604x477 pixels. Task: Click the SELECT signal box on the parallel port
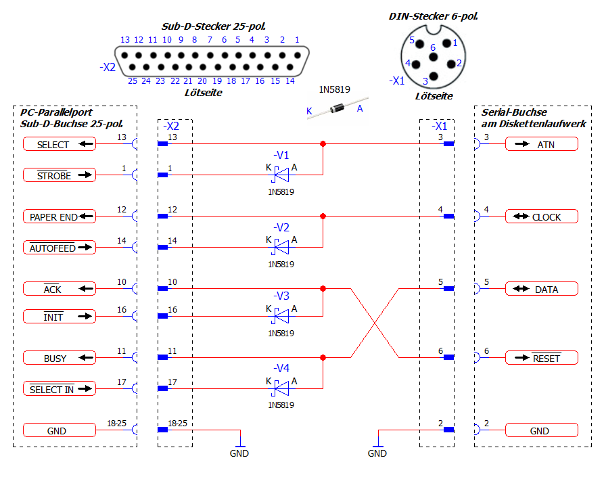[x=59, y=144]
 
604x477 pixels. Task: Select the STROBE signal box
[x=59, y=175]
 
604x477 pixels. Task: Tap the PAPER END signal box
[x=59, y=217]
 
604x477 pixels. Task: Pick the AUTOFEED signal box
[x=59, y=248]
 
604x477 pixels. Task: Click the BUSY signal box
[x=59, y=358]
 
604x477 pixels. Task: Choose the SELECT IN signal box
[x=59, y=389]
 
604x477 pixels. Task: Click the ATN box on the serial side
[x=541, y=144]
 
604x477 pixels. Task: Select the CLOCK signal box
[x=541, y=217]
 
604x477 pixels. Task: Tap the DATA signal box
[x=541, y=289]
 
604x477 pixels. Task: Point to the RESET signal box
[x=541, y=358]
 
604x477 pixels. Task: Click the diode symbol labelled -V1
[x=281, y=175]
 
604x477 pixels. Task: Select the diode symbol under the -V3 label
[x=281, y=316]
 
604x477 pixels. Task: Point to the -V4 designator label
[x=281, y=368]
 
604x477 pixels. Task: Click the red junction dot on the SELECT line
[x=323, y=144]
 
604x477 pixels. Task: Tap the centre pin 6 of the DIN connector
[x=433, y=59]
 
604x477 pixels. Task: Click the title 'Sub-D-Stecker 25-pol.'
[x=202, y=27]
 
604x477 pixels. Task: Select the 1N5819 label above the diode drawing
[x=335, y=89]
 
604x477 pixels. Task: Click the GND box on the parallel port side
[x=59, y=430]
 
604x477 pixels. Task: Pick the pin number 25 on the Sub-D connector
[x=133, y=81]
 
